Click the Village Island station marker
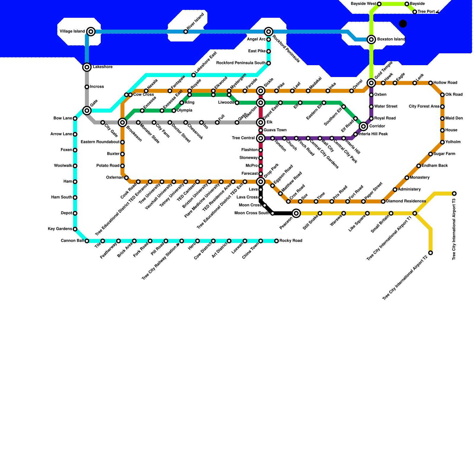click(x=91, y=31)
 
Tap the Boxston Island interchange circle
click(x=371, y=39)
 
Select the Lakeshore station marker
click(x=87, y=67)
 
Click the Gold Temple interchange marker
click(x=371, y=83)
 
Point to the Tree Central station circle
click(x=261, y=138)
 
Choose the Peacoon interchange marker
click(x=296, y=213)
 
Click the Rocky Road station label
click(x=291, y=241)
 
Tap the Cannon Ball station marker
click(x=87, y=241)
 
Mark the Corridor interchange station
click(x=363, y=126)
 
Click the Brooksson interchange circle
click(x=122, y=122)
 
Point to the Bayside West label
click(x=363, y=4)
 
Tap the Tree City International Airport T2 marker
click(x=430, y=253)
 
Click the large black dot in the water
click(x=403, y=24)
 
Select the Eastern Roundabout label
click(x=100, y=142)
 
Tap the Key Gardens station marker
click(x=75, y=229)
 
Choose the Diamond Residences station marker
click(x=383, y=201)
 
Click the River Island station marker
click(x=185, y=32)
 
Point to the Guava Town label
click(x=275, y=130)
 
